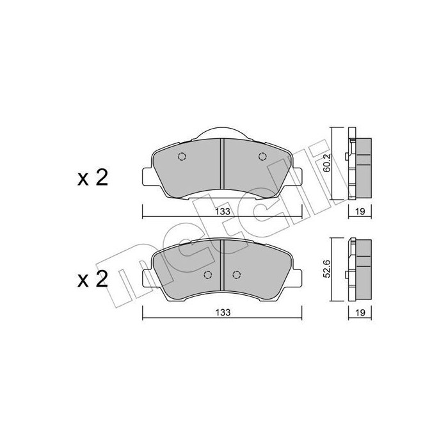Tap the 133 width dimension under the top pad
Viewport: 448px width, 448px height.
click(x=221, y=212)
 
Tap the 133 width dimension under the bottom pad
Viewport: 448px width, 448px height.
click(x=221, y=312)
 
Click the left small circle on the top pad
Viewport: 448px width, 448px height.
click(x=181, y=157)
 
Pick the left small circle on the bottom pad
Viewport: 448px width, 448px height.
click(x=207, y=275)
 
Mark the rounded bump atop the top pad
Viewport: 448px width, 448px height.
click(x=221, y=131)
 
